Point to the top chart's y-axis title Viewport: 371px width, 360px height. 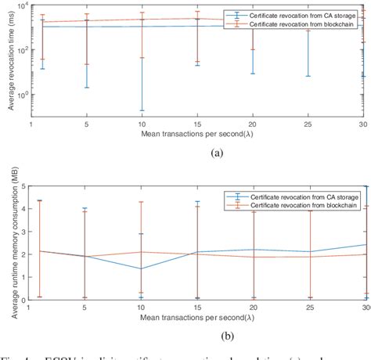10,58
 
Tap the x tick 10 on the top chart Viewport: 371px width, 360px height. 142,124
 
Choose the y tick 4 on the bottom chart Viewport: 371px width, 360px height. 25,209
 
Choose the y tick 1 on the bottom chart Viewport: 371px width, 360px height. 25,276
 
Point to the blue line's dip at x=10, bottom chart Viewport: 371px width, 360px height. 142,268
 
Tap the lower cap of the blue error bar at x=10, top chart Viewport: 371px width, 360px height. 142,110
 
